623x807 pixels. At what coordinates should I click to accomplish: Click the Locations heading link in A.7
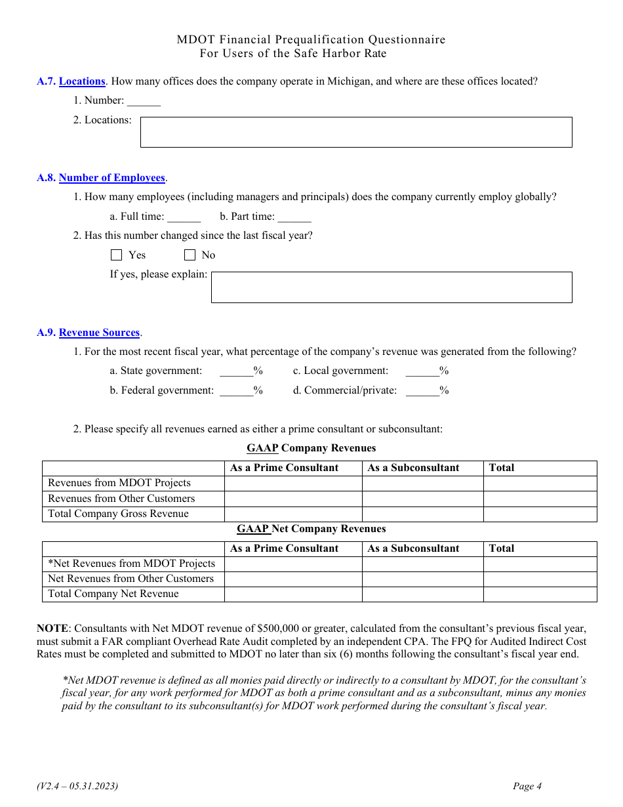click(82, 81)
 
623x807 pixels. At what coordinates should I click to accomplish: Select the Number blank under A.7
click(144, 101)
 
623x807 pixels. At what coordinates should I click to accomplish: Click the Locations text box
click(356, 132)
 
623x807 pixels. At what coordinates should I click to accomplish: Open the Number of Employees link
click(111, 178)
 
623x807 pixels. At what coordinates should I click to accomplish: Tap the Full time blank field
click(184, 217)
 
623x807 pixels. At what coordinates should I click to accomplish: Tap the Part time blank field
click(294, 217)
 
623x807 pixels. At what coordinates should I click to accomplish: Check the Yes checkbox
click(117, 255)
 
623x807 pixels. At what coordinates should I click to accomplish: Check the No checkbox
click(190, 255)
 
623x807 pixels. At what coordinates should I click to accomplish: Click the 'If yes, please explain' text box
click(392, 287)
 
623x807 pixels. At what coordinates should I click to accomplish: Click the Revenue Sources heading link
click(99, 333)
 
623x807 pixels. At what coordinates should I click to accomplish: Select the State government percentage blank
click(236, 371)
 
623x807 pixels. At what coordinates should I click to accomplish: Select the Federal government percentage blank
click(236, 391)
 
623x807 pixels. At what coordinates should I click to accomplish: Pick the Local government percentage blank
click(422, 371)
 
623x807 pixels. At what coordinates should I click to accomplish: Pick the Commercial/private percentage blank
click(422, 391)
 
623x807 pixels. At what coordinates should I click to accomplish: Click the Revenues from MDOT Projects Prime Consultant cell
click(293, 484)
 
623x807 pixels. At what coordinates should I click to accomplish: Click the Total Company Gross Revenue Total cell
click(540, 514)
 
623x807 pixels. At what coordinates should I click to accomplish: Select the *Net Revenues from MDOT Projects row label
click(131, 564)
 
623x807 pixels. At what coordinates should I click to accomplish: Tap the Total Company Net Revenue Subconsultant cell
click(422, 594)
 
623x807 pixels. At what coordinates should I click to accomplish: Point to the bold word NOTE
click(52, 629)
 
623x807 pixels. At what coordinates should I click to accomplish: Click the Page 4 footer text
click(527, 787)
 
